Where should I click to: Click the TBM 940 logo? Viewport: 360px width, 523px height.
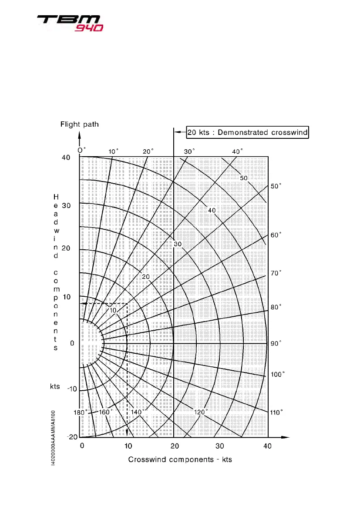tap(70, 23)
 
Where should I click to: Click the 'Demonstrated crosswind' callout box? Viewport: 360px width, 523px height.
tap(247, 132)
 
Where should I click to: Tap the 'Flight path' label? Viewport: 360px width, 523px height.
tap(79, 124)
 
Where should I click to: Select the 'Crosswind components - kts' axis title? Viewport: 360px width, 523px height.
tap(180, 460)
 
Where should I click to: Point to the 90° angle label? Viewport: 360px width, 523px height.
tap(276, 344)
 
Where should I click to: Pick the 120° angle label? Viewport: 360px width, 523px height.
tap(201, 412)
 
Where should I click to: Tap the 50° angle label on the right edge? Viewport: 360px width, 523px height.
tap(276, 185)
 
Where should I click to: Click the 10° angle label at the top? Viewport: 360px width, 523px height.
tap(113, 151)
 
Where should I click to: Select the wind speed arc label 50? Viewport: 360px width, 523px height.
tap(244, 178)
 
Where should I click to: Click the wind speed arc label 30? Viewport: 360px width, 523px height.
tap(178, 244)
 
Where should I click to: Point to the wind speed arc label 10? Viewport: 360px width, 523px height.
tap(113, 310)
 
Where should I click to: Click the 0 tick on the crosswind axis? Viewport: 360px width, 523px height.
tap(81, 446)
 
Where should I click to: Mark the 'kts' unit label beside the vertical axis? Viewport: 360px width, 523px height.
tap(55, 386)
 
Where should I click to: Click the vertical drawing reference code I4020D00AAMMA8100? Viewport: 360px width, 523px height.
tap(53, 438)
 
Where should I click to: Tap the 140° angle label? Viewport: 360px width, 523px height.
tap(138, 412)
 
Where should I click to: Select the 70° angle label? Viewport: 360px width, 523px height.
tap(276, 273)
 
